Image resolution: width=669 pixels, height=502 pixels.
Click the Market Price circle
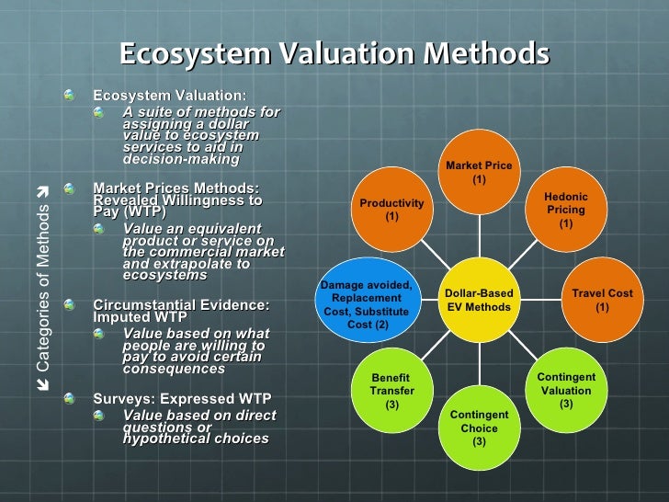479,172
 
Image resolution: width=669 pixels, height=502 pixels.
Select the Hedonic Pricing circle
566,211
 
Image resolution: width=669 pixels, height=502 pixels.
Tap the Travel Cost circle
602,299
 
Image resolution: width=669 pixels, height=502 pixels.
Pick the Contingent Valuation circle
566,390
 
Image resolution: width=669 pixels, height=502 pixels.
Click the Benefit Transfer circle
391,390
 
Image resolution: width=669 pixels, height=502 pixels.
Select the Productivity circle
391,211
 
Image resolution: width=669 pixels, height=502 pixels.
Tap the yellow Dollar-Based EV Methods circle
479,300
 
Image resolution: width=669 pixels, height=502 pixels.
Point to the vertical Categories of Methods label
42,276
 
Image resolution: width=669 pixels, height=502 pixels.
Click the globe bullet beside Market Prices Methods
72,188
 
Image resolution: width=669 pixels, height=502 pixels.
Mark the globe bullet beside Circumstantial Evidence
72,305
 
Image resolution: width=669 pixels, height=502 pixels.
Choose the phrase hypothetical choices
196,439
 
